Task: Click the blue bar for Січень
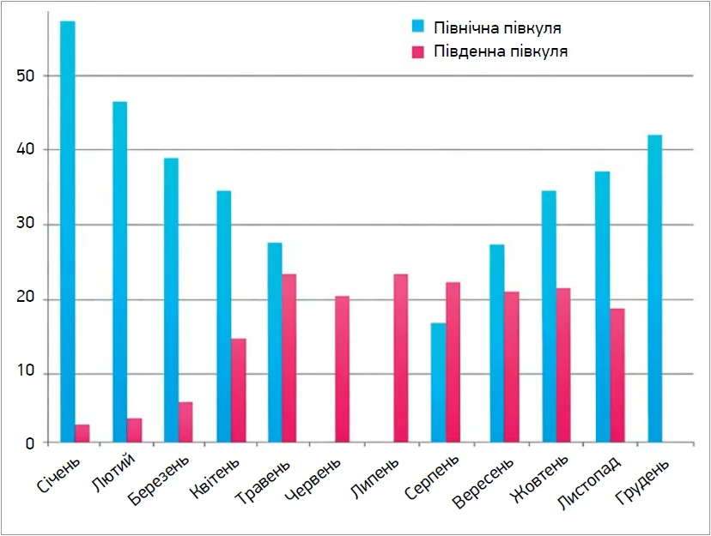click(x=68, y=232)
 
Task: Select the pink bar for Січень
click(x=82, y=434)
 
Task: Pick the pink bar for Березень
click(x=185, y=423)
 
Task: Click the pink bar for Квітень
click(x=239, y=391)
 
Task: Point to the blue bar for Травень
click(x=275, y=343)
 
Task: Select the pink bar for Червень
click(x=342, y=370)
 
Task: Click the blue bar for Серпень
click(x=438, y=382)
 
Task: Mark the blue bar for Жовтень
click(x=549, y=316)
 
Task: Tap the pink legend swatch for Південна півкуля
click(x=418, y=51)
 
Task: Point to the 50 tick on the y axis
click(x=25, y=75)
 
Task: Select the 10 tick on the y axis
click(x=25, y=373)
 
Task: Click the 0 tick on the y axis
click(x=28, y=443)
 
